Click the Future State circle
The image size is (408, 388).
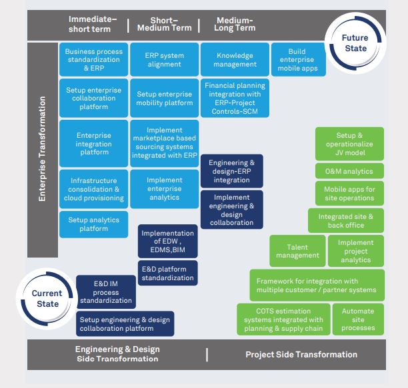coord(355,43)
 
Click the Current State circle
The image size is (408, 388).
coord(47,298)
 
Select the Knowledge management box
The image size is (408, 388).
coord(235,60)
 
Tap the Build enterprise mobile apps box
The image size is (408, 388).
coord(297,60)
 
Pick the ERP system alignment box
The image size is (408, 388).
coord(164,60)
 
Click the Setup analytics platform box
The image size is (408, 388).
coord(93,224)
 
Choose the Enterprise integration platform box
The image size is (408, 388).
coord(93,143)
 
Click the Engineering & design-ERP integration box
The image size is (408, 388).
coord(231,171)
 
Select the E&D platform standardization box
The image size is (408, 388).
coord(167,274)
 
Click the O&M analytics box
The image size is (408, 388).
coord(349,171)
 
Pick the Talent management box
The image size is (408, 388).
coord(297,251)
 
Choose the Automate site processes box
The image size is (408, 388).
coord(358,319)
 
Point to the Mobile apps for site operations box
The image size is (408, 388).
coord(349,194)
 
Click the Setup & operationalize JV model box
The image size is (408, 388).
coord(349,144)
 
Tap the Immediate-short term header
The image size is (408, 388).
coord(93,24)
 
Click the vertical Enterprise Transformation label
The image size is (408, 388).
coord(42,149)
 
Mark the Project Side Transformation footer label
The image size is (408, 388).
coord(301,355)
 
